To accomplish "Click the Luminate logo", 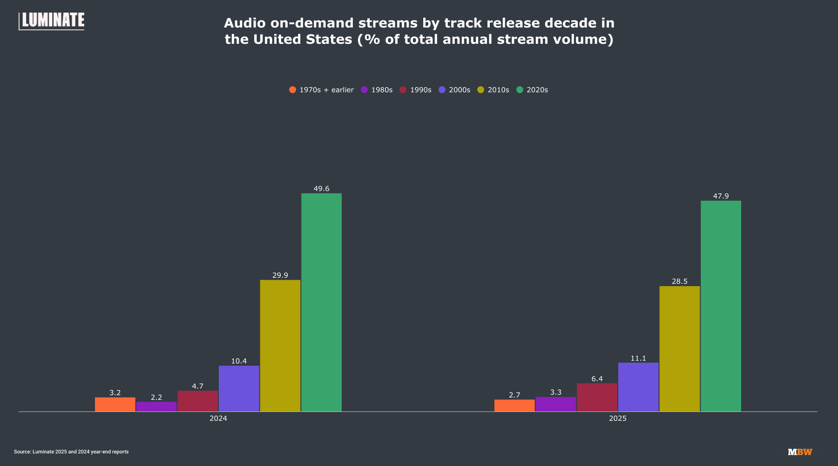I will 52,21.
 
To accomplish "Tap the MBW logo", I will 800,452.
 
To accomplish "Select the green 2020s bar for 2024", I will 321,302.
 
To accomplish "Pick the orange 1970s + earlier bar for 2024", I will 115,404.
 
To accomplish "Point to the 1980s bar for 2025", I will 556,404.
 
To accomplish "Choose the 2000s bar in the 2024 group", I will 239,389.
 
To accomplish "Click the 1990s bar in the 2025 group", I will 597,397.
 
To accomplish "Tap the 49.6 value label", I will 321,189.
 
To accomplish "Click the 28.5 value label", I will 679,281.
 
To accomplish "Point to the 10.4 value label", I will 239,361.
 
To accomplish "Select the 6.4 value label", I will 597,379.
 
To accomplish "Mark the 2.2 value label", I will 156,397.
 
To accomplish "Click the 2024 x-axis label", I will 218,418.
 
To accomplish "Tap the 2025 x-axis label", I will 618,418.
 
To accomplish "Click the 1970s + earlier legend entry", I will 322,90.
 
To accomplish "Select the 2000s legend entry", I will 455,90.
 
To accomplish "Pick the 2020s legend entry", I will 533,90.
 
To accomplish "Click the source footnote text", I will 71,452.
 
